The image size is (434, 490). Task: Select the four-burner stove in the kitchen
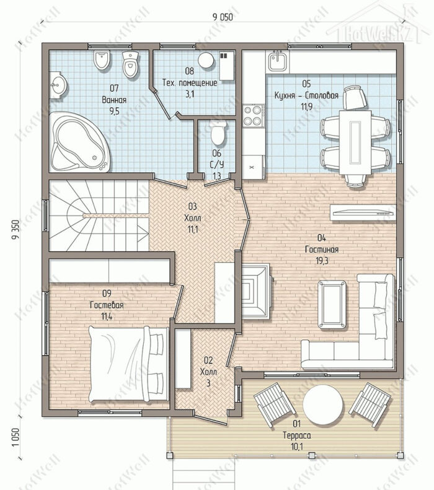click(253, 115)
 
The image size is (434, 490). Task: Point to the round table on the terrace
click(323, 404)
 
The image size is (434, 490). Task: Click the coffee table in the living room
click(332, 305)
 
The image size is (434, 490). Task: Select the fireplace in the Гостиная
click(256, 291)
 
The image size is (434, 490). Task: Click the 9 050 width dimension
click(223, 17)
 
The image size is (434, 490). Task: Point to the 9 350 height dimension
click(15, 230)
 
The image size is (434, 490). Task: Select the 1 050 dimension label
click(15, 437)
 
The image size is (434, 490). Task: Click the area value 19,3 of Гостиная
click(322, 261)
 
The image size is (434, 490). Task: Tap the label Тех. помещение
click(190, 83)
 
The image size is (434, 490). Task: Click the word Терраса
click(297, 435)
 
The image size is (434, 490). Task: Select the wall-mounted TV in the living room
click(363, 212)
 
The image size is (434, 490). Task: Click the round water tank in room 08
click(206, 60)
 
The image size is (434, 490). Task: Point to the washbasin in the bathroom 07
click(58, 84)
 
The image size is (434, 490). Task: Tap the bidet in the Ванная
click(102, 60)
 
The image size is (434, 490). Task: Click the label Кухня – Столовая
click(306, 95)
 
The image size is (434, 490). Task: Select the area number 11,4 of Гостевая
click(107, 317)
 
